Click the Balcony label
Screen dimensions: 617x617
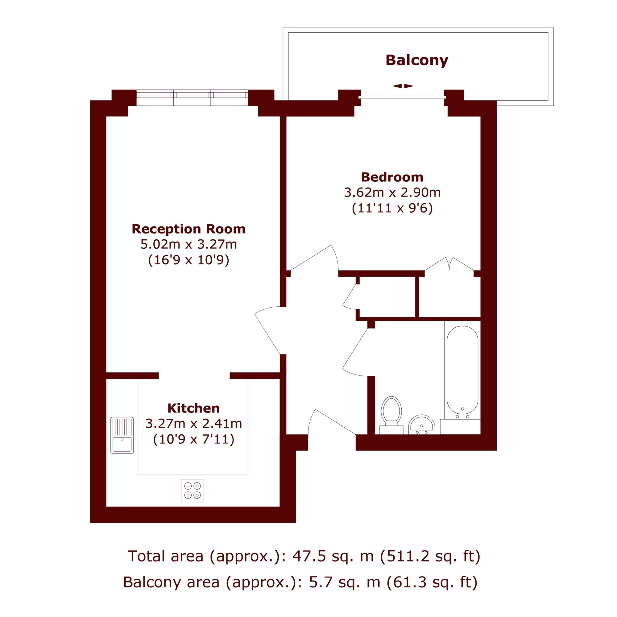pyautogui.click(x=417, y=60)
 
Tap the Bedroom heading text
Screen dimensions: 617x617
pyautogui.click(x=392, y=177)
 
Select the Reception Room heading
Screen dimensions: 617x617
pyautogui.click(x=188, y=229)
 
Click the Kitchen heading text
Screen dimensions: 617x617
pyautogui.click(x=193, y=408)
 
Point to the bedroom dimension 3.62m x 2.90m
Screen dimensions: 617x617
pyautogui.click(x=392, y=193)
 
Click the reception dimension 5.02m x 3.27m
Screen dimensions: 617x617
pyautogui.click(x=189, y=244)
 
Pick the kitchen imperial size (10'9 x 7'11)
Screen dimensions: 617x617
pyautogui.click(x=194, y=439)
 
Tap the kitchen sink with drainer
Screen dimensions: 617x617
pyautogui.click(x=122, y=435)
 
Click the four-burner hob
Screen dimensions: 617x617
pyautogui.click(x=193, y=491)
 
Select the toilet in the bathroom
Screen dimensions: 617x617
pyautogui.click(x=391, y=416)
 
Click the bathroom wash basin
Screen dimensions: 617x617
pyautogui.click(x=421, y=425)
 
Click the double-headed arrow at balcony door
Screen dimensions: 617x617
pyautogui.click(x=403, y=86)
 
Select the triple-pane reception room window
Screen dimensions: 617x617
pyautogui.click(x=192, y=98)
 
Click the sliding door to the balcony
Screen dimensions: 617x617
pyautogui.click(x=402, y=97)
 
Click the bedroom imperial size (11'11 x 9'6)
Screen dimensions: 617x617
pyautogui.click(x=392, y=209)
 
